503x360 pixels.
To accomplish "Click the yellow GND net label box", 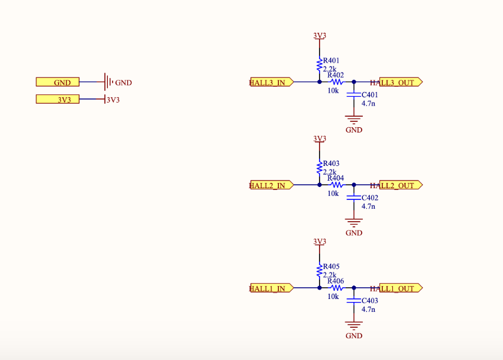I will coord(57,83).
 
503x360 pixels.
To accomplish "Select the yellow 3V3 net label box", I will coord(57,100).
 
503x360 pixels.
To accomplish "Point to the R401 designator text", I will coord(331,60).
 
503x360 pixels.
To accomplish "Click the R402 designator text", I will coord(336,75).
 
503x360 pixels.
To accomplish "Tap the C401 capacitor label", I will coord(369,95).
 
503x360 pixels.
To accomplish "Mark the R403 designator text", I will coord(331,164).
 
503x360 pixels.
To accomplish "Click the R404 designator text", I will coord(336,178).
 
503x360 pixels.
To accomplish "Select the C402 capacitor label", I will coord(369,198).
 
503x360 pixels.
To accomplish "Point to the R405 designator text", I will coord(331,267).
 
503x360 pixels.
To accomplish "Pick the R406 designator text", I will coord(336,281).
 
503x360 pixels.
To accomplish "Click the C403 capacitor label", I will coord(369,301).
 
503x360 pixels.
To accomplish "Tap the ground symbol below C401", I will coord(353,120).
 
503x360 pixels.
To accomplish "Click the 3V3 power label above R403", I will coord(320,139).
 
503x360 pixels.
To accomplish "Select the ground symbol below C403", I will coord(353,325).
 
